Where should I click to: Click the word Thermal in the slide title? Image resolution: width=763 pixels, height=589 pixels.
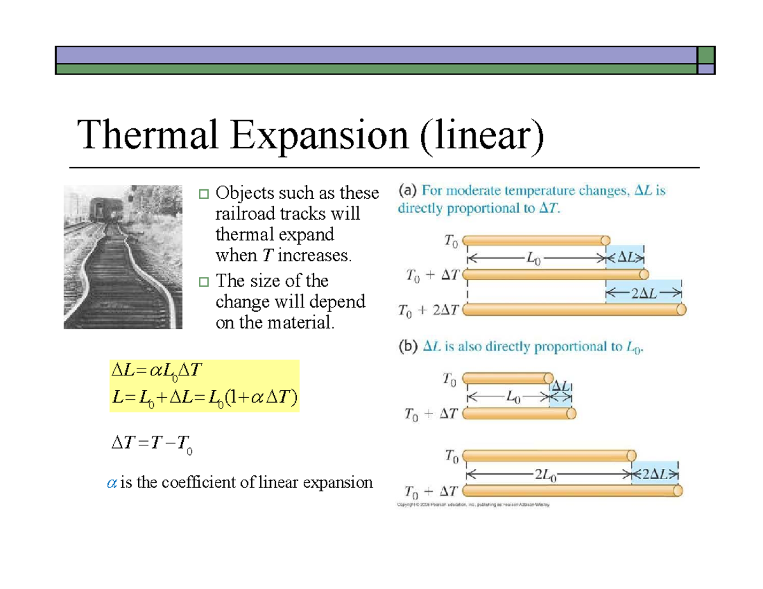150,137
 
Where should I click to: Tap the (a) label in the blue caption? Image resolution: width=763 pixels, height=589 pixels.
408,190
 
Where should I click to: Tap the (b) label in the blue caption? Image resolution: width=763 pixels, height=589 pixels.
408,347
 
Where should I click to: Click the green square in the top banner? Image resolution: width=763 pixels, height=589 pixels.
706,55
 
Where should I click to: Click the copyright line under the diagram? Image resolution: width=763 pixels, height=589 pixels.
472,505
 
